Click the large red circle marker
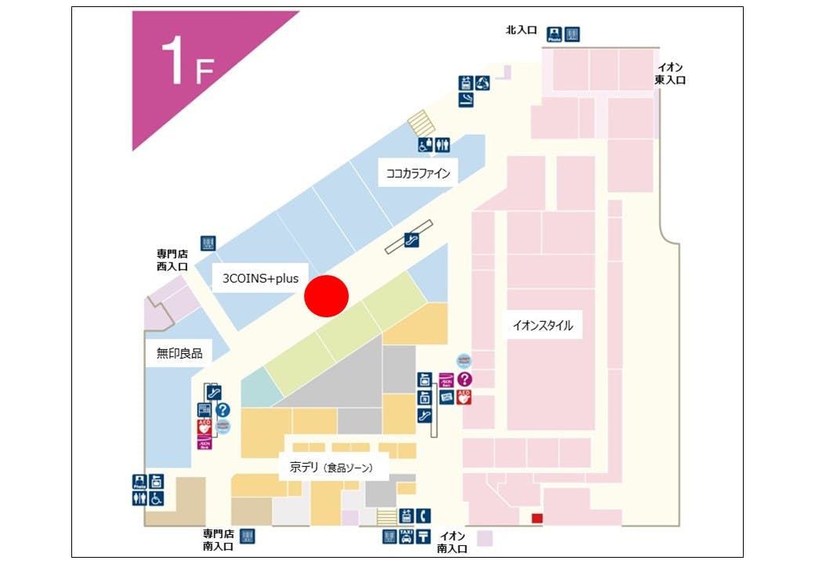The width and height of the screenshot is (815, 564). point(326,296)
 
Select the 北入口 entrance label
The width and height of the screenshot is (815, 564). point(521,31)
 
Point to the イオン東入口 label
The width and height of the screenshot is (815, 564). point(671,74)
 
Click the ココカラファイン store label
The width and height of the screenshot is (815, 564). point(418,173)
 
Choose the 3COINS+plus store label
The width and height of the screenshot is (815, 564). point(260,277)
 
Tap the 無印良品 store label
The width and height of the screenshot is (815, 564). point(179,353)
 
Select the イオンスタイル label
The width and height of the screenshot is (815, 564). point(543,325)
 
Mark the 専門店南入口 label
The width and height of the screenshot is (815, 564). point(219,540)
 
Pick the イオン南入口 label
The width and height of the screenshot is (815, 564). point(452,542)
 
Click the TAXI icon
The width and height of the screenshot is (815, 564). point(406,537)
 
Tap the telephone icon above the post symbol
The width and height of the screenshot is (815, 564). point(423,515)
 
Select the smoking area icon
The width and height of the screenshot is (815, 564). point(466,99)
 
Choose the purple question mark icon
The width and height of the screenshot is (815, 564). point(464,379)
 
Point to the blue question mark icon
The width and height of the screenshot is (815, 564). point(223,409)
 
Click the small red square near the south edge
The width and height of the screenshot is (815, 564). point(537,518)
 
